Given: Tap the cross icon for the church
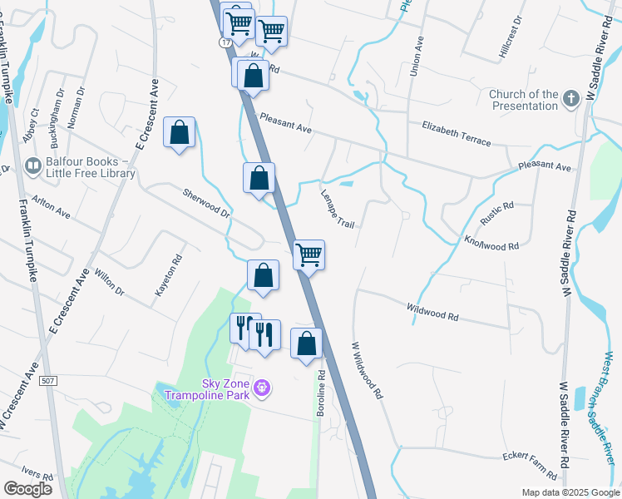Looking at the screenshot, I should [x=571, y=100].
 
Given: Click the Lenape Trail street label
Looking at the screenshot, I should [x=338, y=209].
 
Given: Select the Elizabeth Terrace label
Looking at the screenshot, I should [x=457, y=133].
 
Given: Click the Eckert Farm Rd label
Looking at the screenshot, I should [x=530, y=465].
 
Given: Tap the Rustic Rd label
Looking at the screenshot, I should [x=497, y=215].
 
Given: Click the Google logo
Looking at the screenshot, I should [x=27, y=489].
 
